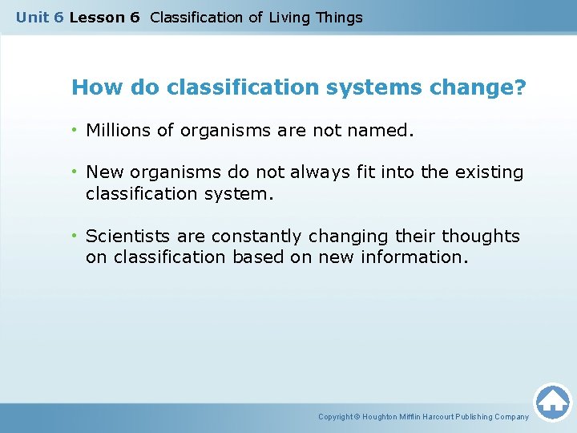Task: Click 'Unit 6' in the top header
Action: [39, 17]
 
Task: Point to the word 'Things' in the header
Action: [339, 17]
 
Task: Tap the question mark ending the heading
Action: [521, 87]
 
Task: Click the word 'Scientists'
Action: [125, 236]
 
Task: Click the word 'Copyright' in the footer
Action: [335, 417]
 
